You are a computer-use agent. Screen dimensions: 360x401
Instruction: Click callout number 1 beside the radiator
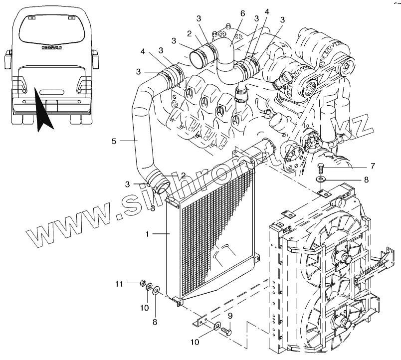(x=147, y=233)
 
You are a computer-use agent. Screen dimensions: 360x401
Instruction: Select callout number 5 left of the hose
(x=114, y=141)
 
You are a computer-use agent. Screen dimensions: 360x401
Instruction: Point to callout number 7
(x=372, y=166)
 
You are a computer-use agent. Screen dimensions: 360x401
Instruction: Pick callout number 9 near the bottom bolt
(x=230, y=316)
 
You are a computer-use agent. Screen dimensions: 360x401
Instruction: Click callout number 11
(x=119, y=284)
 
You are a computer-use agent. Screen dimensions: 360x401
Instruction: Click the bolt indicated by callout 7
(x=321, y=167)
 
